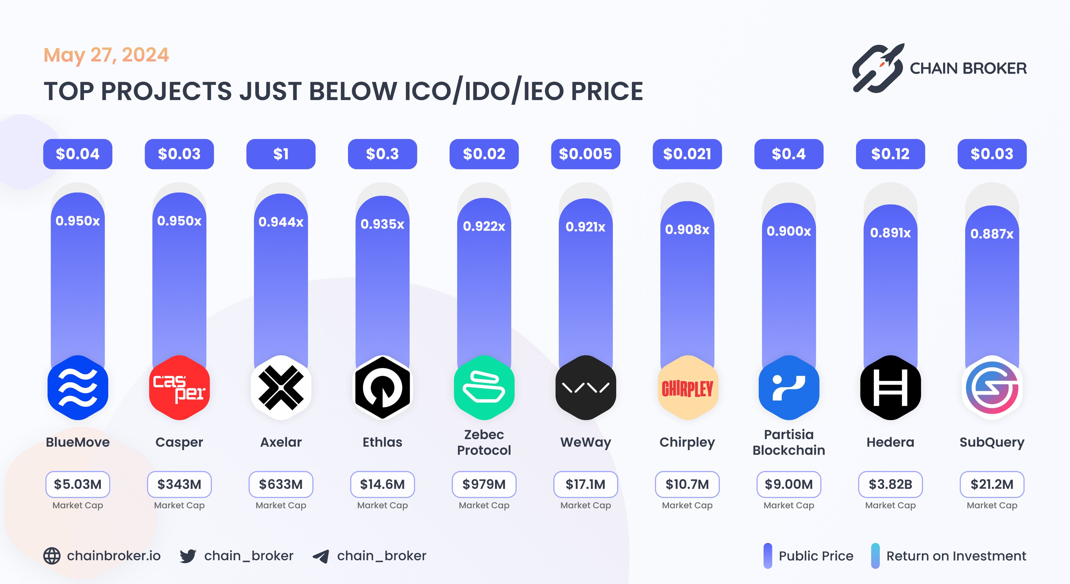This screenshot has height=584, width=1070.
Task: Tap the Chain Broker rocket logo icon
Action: coord(877,68)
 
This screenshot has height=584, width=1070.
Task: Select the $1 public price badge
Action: coord(281,154)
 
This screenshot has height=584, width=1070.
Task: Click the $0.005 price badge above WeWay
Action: coord(585,154)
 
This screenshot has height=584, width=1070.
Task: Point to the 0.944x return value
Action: coord(281,222)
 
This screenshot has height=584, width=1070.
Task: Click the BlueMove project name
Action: coord(78,442)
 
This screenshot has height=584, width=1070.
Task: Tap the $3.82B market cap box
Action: coord(890,484)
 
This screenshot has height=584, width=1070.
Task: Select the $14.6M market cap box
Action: coord(382,484)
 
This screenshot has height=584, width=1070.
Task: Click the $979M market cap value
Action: coord(484,484)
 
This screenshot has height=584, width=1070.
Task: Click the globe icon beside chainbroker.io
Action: coord(52,556)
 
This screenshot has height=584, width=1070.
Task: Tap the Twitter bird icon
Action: coord(188,556)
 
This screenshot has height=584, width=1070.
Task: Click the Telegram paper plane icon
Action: coord(321,556)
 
